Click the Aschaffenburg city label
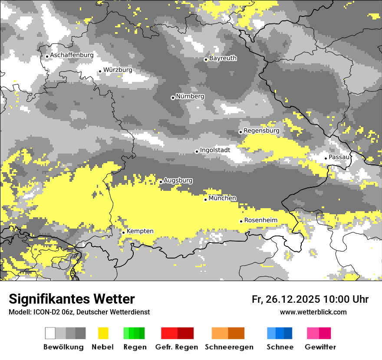pos(72,56)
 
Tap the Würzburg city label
pos(118,70)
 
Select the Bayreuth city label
pos(223,58)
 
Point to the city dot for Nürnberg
pos(173,98)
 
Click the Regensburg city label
pos(261,131)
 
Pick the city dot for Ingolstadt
pos(197,151)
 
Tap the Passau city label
pos(339,157)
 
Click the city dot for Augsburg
pos(161,182)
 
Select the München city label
pos(222,198)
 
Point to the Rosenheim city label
pos(260,220)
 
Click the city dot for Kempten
pos(123,232)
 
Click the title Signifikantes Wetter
pos(72,299)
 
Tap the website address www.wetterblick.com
pos(313,312)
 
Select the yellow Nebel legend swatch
pos(103,333)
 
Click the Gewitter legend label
pos(320,347)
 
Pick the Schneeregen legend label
pos(229,347)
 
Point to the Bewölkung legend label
pos(63,347)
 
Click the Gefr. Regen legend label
pos(176,347)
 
